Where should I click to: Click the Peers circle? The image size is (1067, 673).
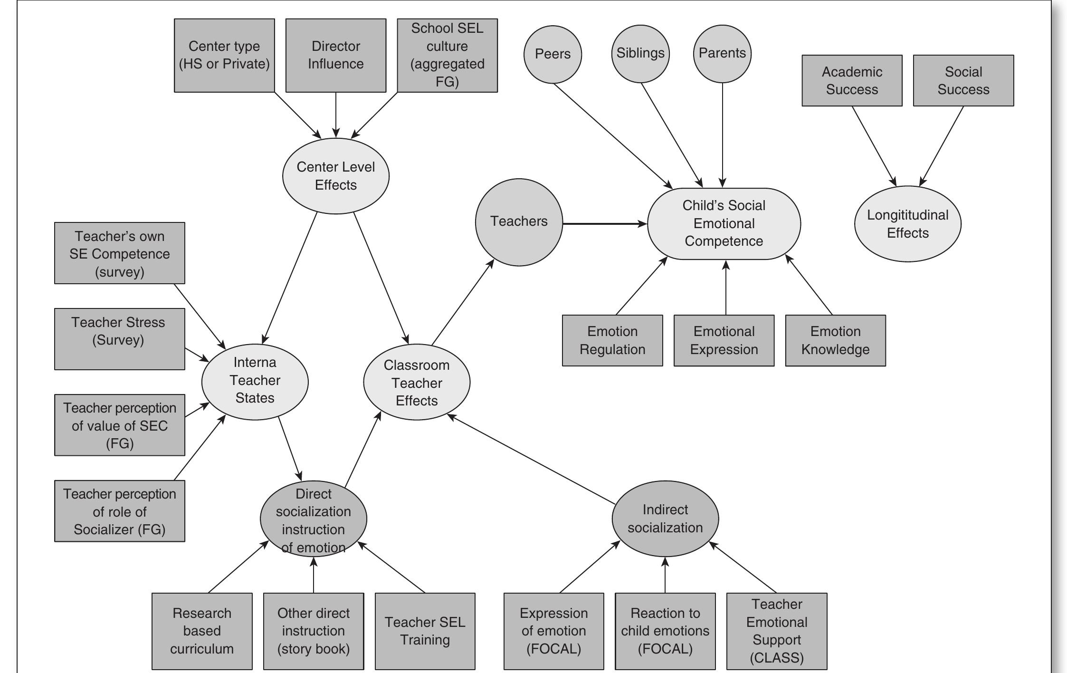[553, 54]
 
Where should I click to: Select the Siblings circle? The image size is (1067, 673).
[640, 54]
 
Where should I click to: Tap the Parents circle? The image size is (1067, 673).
[722, 54]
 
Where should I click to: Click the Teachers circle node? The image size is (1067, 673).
[519, 222]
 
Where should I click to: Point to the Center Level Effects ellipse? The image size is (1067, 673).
[335, 176]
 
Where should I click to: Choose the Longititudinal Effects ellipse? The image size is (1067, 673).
[907, 224]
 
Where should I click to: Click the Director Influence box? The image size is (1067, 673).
[335, 56]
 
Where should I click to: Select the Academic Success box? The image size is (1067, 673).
[852, 81]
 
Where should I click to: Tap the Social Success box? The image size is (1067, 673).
[963, 81]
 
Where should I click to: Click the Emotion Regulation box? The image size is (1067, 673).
[612, 340]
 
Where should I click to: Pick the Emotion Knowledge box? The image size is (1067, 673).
[835, 340]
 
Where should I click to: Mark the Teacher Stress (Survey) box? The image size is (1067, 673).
[119, 339]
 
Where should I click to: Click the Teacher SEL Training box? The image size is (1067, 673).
[425, 631]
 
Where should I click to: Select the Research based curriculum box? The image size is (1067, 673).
[202, 631]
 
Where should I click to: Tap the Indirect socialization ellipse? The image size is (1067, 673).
[665, 519]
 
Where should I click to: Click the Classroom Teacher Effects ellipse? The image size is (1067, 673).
[417, 383]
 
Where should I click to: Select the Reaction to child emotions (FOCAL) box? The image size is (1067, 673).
[665, 631]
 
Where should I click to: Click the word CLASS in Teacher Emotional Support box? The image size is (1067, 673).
[777, 658]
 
